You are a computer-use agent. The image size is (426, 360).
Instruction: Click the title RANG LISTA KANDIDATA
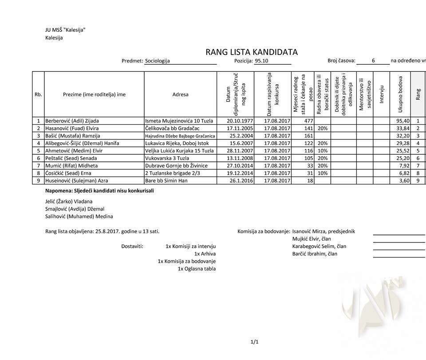(x=251, y=52)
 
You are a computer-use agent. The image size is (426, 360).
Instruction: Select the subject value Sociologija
(x=158, y=61)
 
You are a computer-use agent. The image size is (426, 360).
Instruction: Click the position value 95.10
(x=261, y=61)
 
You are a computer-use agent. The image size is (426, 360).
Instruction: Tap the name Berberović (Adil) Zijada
(x=72, y=121)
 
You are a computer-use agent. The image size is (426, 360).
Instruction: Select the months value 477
(x=308, y=121)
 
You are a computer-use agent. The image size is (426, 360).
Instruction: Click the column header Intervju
(x=381, y=94)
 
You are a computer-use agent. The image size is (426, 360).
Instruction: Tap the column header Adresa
(x=180, y=94)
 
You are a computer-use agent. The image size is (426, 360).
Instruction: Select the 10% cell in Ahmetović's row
(x=323, y=151)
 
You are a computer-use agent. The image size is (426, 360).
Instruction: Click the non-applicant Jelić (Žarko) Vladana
(x=69, y=201)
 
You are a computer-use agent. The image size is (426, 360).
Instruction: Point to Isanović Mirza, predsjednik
(x=323, y=231)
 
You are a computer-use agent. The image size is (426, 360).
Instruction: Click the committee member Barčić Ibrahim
(x=315, y=254)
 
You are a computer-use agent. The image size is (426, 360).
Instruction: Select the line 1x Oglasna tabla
(x=197, y=269)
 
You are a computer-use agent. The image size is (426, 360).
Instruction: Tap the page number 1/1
(x=254, y=342)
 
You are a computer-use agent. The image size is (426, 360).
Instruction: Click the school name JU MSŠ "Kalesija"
(x=65, y=30)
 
